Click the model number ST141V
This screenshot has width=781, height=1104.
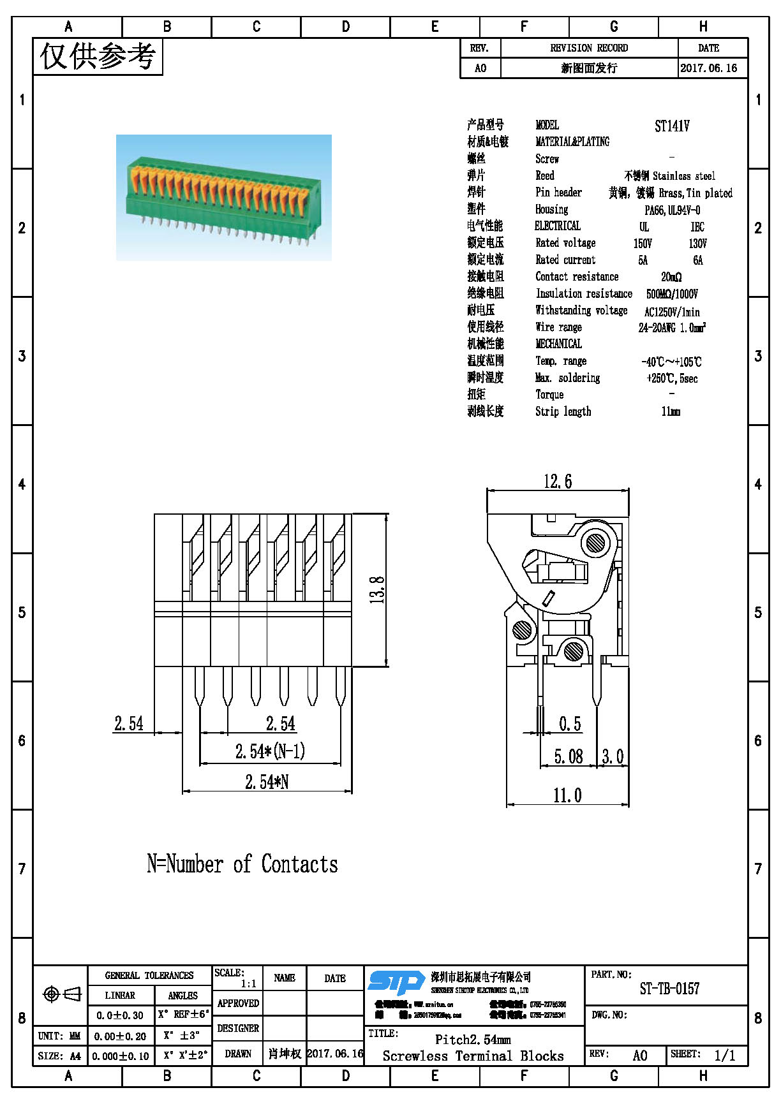[x=672, y=126]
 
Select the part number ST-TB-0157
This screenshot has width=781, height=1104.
[x=669, y=989]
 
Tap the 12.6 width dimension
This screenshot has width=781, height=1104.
[x=558, y=482]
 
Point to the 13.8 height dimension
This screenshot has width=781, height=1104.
[x=378, y=589]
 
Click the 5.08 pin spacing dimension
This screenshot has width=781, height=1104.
[x=568, y=756]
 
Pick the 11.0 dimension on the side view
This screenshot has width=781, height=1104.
[x=567, y=796]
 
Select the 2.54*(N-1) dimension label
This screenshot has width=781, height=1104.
[x=270, y=751]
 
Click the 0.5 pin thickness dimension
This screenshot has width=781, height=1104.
[x=570, y=724]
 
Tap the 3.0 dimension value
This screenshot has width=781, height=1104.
[x=613, y=756]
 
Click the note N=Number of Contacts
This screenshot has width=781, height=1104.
[x=242, y=864]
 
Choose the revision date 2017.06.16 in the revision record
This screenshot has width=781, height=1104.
[x=708, y=68]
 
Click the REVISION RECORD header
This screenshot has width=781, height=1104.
[x=588, y=48]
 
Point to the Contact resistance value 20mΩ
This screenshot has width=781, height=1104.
[x=671, y=277]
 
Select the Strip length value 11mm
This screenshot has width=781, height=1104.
[x=671, y=412]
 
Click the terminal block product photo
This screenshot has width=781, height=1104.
[x=223, y=197]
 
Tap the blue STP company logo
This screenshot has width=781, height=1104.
[x=396, y=983]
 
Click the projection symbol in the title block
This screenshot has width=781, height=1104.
[x=61, y=994]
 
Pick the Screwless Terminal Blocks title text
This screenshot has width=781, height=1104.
[x=473, y=1056]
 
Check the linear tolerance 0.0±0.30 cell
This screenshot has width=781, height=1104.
[x=120, y=1015]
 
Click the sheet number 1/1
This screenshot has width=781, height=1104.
[x=724, y=1056]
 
